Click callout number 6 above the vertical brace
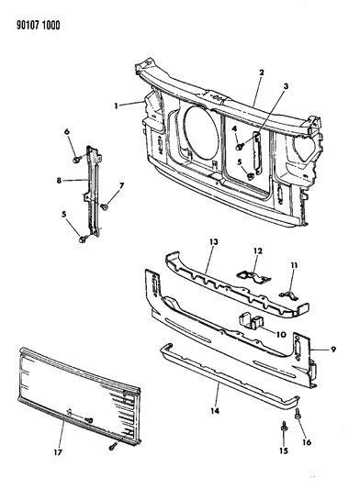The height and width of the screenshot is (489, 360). click(x=68, y=132)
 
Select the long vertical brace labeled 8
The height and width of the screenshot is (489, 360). click(x=90, y=188)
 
